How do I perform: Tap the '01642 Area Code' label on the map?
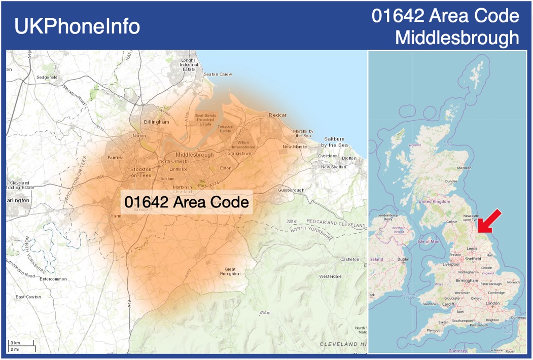[187, 202]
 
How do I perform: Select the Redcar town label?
[277, 115]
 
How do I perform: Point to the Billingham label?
[156, 122]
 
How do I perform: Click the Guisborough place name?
[291, 190]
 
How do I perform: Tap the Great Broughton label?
[230, 271]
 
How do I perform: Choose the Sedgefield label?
[47, 77]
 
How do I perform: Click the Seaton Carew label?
[218, 74]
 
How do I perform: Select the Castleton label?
[349, 259]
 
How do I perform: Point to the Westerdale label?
[330, 276]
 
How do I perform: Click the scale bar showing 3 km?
[20, 344]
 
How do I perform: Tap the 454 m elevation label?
[265, 313]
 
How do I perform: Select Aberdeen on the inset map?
[464, 168]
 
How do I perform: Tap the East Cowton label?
[27, 297]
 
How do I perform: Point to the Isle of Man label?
[429, 241]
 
